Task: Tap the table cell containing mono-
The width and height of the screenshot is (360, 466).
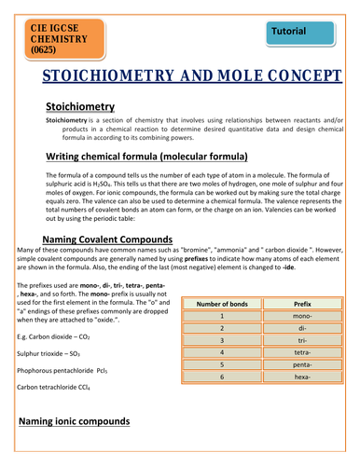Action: [x=301, y=316]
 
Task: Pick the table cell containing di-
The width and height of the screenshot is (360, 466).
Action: [x=301, y=329]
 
